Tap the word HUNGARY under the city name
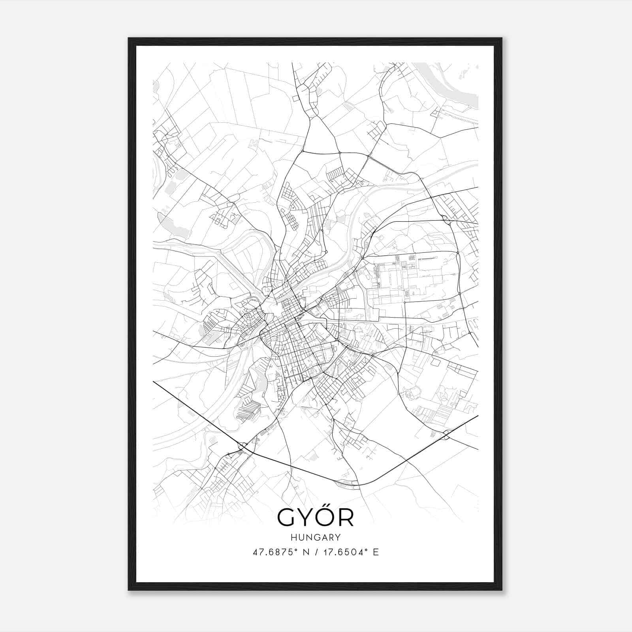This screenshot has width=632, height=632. pyautogui.click(x=316, y=537)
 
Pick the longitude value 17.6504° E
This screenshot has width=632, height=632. pyautogui.click(x=350, y=552)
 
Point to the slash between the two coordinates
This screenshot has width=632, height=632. pyautogui.click(x=316, y=552)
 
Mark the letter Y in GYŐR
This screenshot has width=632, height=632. pyautogui.click(x=306, y=517)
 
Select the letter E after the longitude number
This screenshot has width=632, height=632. pyautogui.click(x=376, y=552)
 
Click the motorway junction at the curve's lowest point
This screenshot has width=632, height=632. pyautogui.click(x=348, y=482)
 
